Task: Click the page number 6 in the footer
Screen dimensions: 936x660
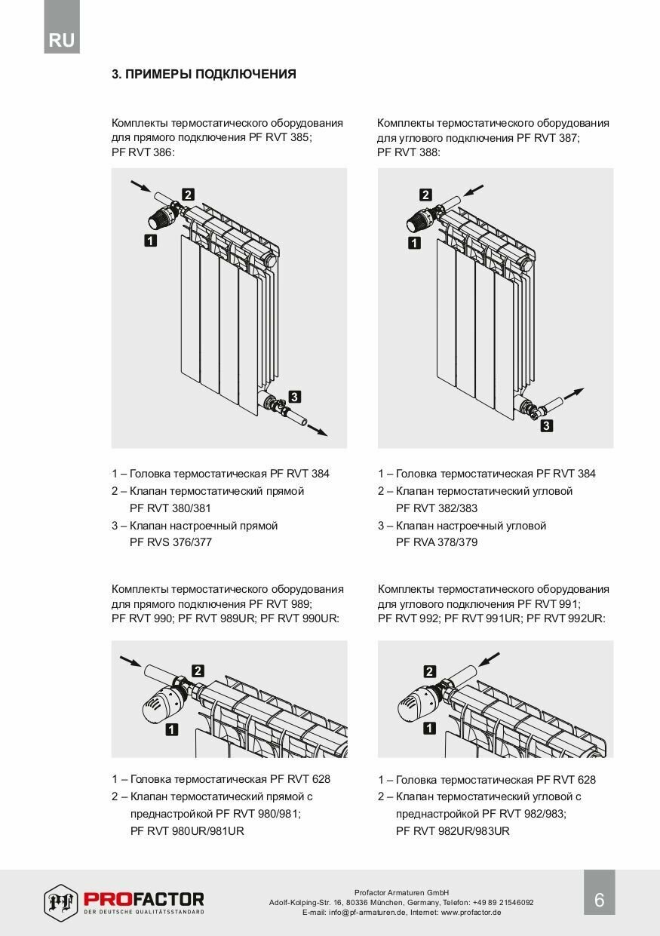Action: click(599, 900)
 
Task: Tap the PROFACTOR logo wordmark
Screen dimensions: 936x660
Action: click(143, 899)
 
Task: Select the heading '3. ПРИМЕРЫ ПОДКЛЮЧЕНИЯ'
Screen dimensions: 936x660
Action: click(204, 74)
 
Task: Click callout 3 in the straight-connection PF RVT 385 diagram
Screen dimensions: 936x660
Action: click(295, 396)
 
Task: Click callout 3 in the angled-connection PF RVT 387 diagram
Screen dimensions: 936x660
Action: click(547, 426)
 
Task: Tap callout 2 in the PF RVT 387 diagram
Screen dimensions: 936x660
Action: click(425, 195)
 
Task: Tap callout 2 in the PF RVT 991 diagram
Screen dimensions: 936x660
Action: click(430, 671)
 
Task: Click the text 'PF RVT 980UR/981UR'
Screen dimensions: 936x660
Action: click(187, 830)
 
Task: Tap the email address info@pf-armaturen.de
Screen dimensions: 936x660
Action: click(355, 912)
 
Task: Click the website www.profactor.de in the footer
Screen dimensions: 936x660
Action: click(471, 912)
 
